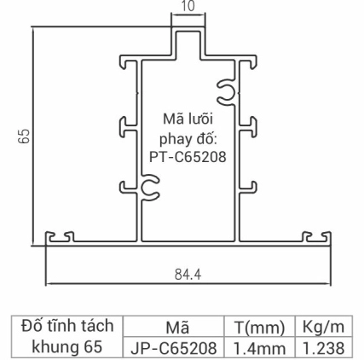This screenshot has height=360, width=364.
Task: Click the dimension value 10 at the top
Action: [189, 6]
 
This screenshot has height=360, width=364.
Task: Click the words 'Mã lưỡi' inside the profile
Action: [188, 117]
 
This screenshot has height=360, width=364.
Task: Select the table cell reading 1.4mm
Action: [259, 348]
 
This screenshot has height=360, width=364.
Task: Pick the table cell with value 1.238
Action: [320, 348]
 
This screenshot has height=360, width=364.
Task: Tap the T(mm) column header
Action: [259, 328]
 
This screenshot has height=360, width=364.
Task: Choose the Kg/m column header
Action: [320, 328]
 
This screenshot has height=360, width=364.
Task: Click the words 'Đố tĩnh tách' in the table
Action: [66, 326]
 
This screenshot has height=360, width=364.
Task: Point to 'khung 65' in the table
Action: [66, 347]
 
